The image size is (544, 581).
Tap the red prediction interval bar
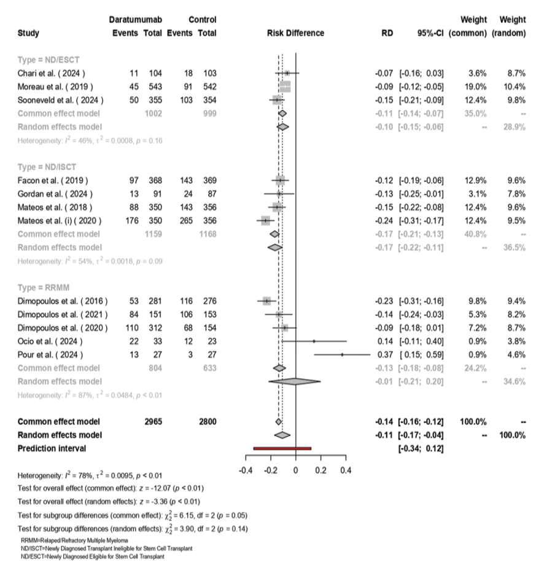[x=282, y=448]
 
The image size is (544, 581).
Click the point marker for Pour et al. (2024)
[x=342, y=355]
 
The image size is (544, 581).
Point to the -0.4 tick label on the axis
[x=245, y=470]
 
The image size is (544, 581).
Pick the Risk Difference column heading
[x=295, y=33]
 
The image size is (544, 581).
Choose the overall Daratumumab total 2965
[x=152, y=422]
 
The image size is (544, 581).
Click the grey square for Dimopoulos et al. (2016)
[x=266, y=301]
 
